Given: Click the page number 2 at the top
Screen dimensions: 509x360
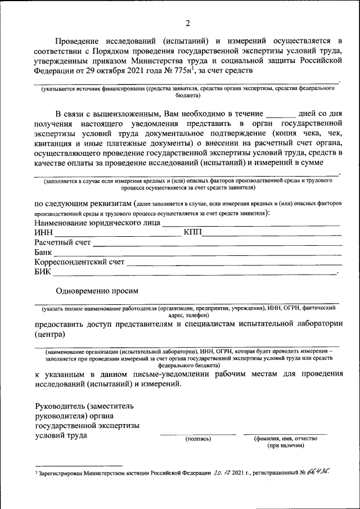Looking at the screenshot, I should [x=188, y=23].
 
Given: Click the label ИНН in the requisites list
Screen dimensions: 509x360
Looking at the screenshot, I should [x=43, y=233].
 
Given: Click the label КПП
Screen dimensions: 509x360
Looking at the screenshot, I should [x=192, y=233].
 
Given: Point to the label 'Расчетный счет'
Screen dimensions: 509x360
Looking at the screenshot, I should [x=62, y=243].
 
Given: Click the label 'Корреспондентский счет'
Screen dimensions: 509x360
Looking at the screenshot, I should [x=79, y=262].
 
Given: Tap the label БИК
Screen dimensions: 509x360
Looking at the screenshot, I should [x=43, y=272].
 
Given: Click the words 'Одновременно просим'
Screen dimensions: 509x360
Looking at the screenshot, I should [x=97, y=291].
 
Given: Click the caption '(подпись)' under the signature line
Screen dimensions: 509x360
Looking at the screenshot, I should [x=197, y=439].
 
